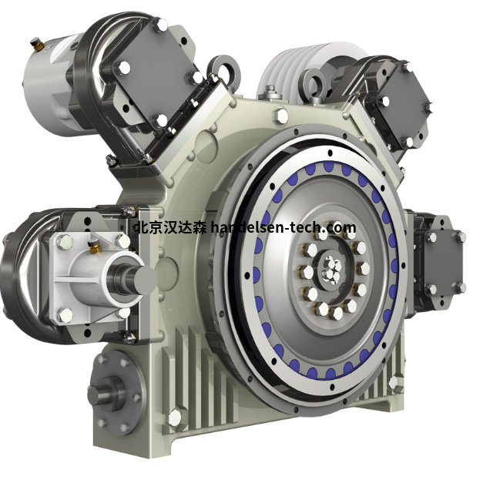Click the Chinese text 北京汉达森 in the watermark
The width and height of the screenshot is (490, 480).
point(170,227)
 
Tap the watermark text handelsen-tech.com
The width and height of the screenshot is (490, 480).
point(283,227)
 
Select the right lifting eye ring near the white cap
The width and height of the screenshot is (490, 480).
point(316,82)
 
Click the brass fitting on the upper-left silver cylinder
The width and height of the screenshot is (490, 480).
point(37,45)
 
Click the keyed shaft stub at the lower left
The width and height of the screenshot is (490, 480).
point(101,393)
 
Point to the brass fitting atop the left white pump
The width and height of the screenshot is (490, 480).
point(93,246)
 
